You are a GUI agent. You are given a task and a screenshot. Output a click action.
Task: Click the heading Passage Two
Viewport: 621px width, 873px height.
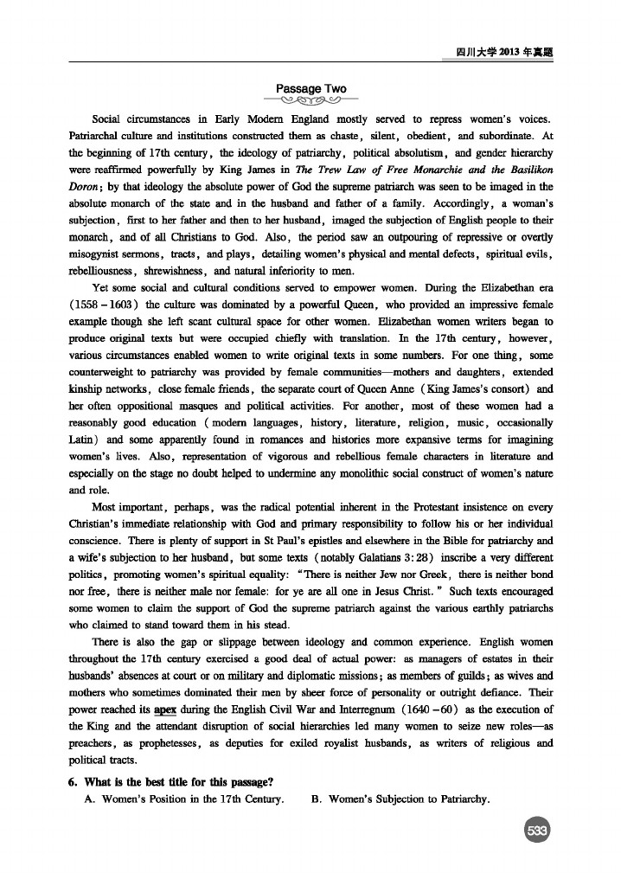tap(310, 89)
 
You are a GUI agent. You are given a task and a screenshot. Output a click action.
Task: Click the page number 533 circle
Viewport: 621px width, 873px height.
tap(537, 831)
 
